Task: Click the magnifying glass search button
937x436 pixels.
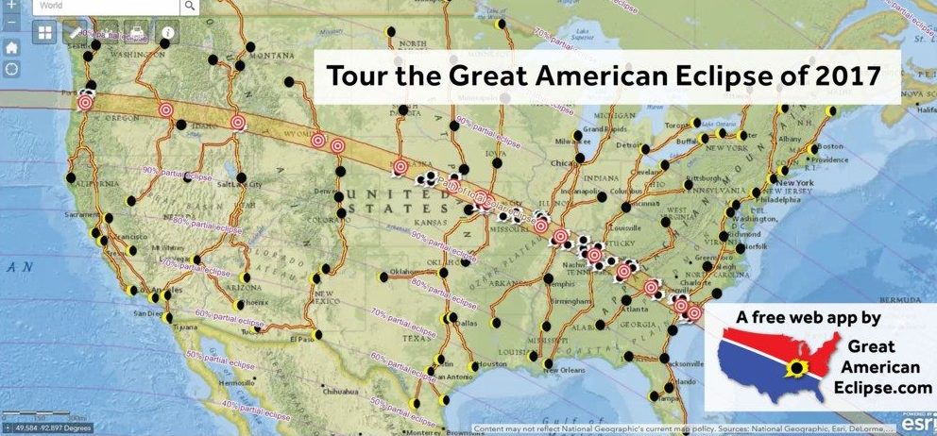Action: click(190, 6)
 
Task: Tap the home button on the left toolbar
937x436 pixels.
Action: click(11, 46)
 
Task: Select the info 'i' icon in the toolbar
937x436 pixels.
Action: click(167, 33)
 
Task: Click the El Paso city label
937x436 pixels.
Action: click(302, 337)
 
